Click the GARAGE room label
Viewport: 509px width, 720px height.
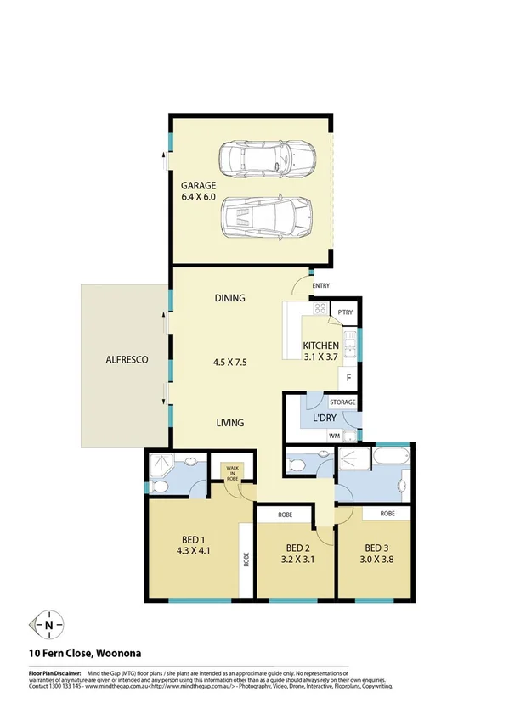198,185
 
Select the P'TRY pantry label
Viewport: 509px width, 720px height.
345,313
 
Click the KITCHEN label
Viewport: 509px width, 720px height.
321,346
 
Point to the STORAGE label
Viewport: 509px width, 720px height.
342,402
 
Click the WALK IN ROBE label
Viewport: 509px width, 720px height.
231,472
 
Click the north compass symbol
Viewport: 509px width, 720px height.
49,627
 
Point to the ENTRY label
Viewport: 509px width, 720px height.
321,286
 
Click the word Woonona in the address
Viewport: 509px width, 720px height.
113,653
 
